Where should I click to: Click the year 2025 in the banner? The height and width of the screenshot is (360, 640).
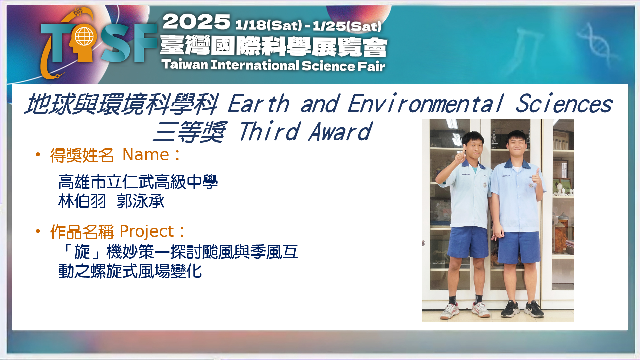(x=196, y=22)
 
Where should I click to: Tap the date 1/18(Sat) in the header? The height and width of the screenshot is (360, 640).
(x=269, y=25)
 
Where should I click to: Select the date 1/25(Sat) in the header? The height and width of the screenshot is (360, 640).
(x=347, y=26)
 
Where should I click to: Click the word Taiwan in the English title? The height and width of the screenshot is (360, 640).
(x=185, y=64)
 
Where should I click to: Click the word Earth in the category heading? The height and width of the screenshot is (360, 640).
(x=258, y=104)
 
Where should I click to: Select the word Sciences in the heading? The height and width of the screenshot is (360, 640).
(x=564, y=104)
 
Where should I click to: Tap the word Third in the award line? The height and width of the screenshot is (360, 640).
(x=269, y=131)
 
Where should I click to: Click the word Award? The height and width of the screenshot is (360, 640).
(x=340, y=131)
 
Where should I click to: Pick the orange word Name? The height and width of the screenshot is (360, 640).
(x=146, y=155)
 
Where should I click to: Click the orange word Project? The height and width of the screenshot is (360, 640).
(x=147, y=232)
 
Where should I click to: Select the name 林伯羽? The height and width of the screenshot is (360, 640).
(x=82, y=201)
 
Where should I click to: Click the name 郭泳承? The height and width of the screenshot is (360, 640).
(x=141, y=201)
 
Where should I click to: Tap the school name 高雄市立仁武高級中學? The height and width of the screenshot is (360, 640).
(x=138, y=182)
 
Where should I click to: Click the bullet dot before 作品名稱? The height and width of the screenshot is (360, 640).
(x=38, y=231)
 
